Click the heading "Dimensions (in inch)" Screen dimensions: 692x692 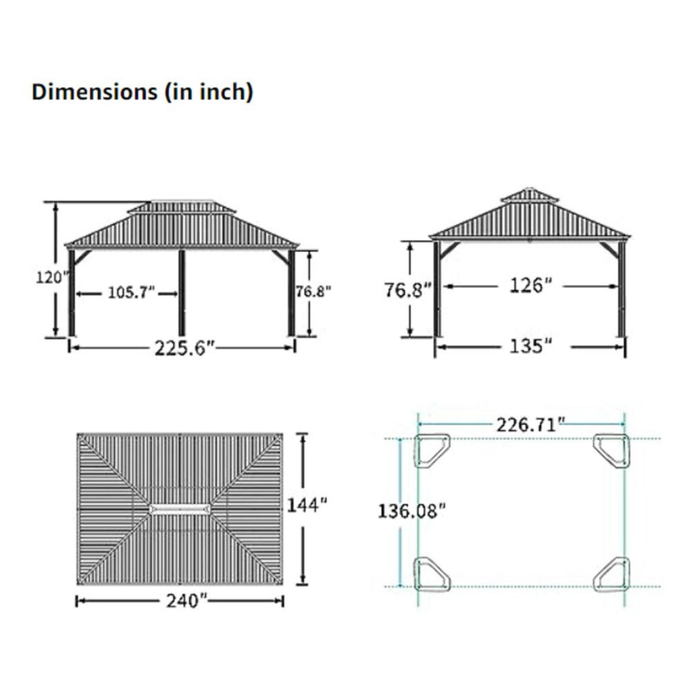pyautogui.click(x=142, y=93)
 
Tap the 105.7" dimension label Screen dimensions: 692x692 pyautogui.click(x=131, y=293)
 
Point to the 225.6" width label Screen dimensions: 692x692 pyautogui.click(x=184, y=347)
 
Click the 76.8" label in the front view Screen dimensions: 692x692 pyautogui.click(x=314, y=291)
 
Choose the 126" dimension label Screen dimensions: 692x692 pyautogui.click(x=527, y=286)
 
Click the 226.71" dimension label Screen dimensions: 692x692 pyautogui.click(x=530, y=425)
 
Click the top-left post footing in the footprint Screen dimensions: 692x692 pyautogui.click(x=431, y=451)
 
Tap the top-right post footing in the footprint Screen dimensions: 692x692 pyautogui.click(x=612, y=450)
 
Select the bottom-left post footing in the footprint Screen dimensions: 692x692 pyautogui.click(x=432, y=574)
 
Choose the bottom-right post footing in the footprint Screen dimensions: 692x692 pyautogui.click(x=612, y=574)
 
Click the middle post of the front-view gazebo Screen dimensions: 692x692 pyautogui.click(x=182, y=293)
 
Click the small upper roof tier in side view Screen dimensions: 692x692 pyautogui.click(x=530, y=196)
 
